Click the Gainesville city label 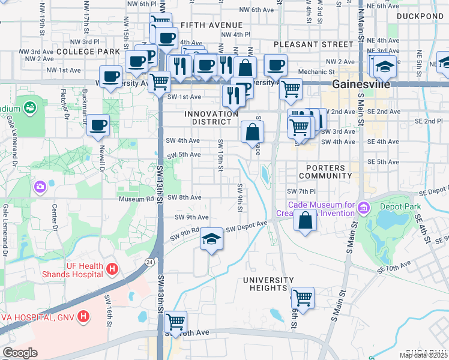point(360,85)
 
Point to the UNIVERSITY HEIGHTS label point(268,284)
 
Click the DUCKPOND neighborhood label point(420,16)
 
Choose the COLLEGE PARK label point(88,52)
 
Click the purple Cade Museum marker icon point(363,208)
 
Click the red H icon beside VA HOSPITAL point(84,315)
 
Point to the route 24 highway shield point(148,262)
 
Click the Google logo point(20,352)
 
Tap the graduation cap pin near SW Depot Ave point(211,239)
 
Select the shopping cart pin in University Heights point(303,297)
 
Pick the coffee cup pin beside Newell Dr point(98,125)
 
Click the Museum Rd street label point(136,199)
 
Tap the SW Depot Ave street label point(246,227)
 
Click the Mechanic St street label point(312,72)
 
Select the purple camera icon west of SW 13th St point(40,187)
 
